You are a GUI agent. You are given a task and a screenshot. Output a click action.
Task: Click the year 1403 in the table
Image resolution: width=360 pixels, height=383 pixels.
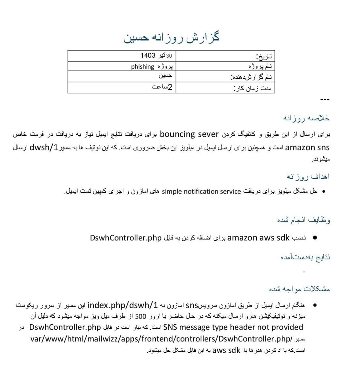click(x=148, y=56)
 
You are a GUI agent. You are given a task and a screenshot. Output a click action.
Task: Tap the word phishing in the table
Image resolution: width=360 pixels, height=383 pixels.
click(x=142, y=67)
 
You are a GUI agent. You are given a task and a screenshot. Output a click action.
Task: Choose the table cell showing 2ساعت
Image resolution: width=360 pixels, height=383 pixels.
click(x=162, y=87)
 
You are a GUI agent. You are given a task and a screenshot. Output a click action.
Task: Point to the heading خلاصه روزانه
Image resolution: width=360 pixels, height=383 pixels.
click(x=306, y=118)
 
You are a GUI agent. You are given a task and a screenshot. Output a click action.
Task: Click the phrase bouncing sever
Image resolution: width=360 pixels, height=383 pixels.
click(x=189, y=134)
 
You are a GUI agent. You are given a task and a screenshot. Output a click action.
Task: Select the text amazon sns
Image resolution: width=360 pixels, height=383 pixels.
click(x=307, y=148)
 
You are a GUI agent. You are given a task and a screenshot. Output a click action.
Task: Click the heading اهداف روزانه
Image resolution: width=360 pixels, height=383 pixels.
click(x=308, y=176)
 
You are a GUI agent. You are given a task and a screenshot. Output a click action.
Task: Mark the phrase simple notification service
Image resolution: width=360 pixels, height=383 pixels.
click(x=201, y=191)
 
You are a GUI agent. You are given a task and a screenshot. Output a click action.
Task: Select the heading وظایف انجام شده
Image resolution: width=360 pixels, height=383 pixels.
click(x=303, y=220)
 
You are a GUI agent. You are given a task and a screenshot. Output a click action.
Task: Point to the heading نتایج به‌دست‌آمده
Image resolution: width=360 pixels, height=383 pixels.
click(x=305, y=257)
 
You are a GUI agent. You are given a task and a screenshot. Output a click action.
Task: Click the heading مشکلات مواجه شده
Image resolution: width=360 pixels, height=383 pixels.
click(x=299, y=289)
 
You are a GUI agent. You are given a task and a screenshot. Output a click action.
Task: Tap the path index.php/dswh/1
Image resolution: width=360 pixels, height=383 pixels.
click(x=122, y=306)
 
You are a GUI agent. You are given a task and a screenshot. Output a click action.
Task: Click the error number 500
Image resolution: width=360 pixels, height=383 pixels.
click(x=140, y=316)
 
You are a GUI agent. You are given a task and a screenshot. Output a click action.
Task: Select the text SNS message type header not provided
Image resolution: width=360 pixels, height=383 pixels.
click(x=233, y=327)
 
